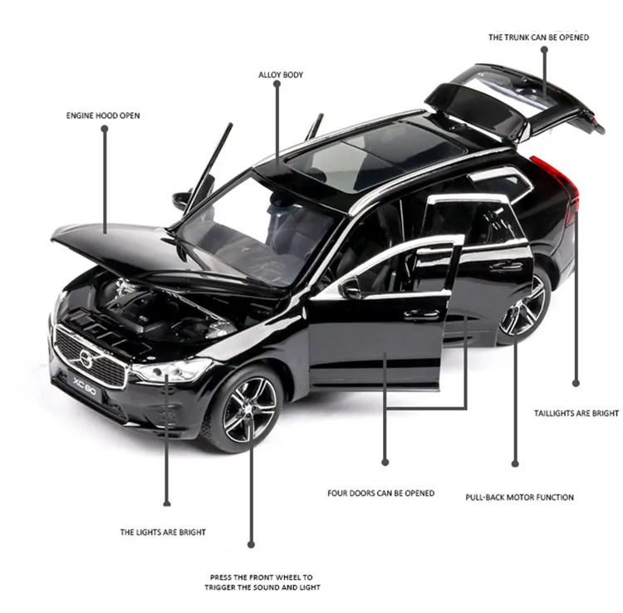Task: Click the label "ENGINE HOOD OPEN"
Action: coord(103,115)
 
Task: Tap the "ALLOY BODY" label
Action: coord(281,75)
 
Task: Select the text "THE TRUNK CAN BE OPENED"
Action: coord(538,37)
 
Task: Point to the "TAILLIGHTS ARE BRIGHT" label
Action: coord(576,413)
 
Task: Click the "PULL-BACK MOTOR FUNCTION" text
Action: coord(519,498)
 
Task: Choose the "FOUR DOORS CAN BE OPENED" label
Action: coord(380,493)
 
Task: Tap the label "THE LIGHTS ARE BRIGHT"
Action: coord(163,532)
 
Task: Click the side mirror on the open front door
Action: coord(350,287)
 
